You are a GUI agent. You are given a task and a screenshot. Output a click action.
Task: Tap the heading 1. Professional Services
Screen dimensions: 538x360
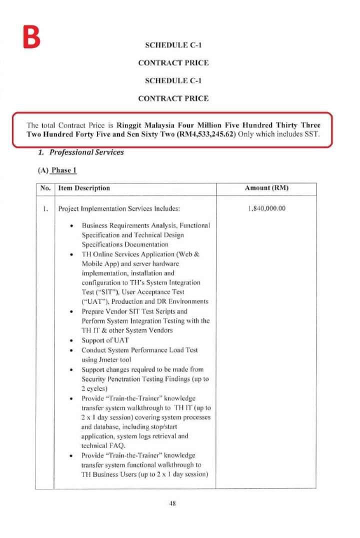coord(81,152)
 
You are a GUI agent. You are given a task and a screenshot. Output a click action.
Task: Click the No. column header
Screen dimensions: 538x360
coord(44,188)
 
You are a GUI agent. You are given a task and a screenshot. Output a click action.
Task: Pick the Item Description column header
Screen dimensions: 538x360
coord(84,188)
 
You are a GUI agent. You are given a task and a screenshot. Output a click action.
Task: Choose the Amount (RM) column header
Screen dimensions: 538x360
coord(266,188)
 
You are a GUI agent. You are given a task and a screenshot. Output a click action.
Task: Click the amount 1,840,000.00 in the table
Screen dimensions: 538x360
coord(266,208)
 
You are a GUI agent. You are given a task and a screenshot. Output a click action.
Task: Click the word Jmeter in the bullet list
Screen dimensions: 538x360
coord(99,359)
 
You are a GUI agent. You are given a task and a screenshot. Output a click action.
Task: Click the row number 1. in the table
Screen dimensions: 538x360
coord(44,208)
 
